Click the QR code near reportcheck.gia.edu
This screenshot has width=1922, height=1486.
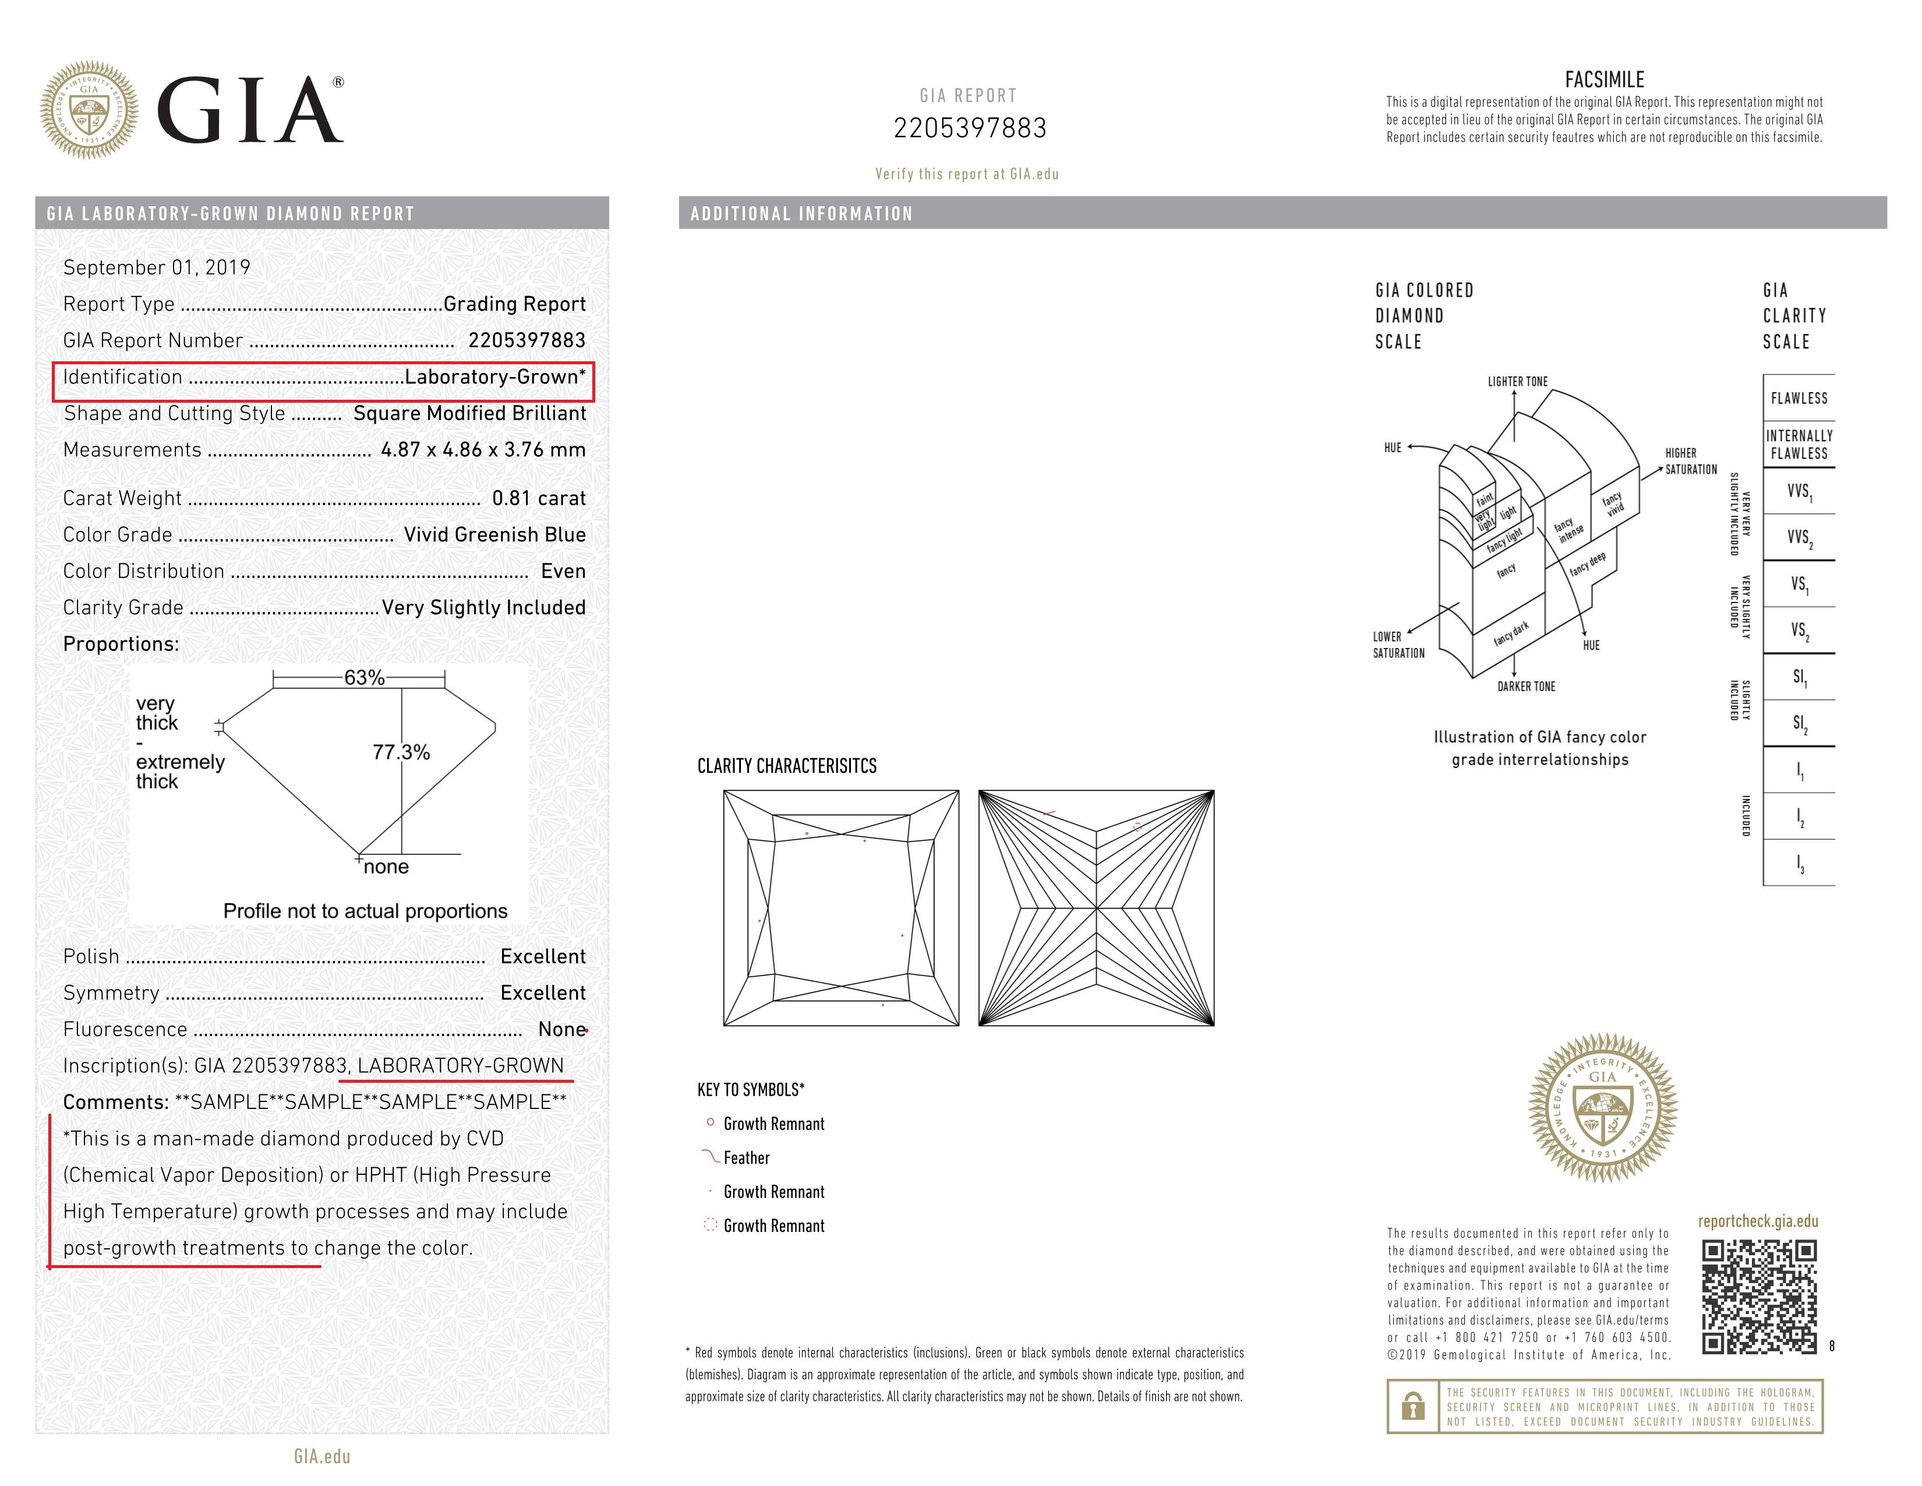[x=1758, y=1296]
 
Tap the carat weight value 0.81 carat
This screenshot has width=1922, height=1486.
[x=539, y=498]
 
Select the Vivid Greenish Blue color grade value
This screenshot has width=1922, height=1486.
[x=494, y=534]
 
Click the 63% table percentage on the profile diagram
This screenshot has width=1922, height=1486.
[x=365, y=678]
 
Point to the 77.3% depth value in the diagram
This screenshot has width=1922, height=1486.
[x=401, y=753]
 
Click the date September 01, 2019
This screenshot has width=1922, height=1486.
[x=157, y=267]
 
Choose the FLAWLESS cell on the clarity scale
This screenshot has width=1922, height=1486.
[x=1799, y=398]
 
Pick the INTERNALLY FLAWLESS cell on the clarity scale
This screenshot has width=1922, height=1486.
[x=1799, y=445]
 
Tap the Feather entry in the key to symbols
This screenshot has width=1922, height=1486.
[x=746, y=1158]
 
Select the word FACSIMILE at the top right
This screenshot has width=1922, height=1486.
[x=1605, y=80]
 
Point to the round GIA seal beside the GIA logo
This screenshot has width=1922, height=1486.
[x=89, y=110]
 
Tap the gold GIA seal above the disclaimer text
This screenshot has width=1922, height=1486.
[x=1603, y=1108]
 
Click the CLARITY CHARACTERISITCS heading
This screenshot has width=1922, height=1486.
[x=787, y=766]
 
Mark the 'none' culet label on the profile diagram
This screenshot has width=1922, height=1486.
[x=386, y=867]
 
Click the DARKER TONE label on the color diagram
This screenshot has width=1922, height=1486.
[x=1526, y=686]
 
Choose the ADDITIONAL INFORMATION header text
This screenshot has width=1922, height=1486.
[x=802, y=214]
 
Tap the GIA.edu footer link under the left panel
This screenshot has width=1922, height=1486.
[x=322, y=1457]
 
